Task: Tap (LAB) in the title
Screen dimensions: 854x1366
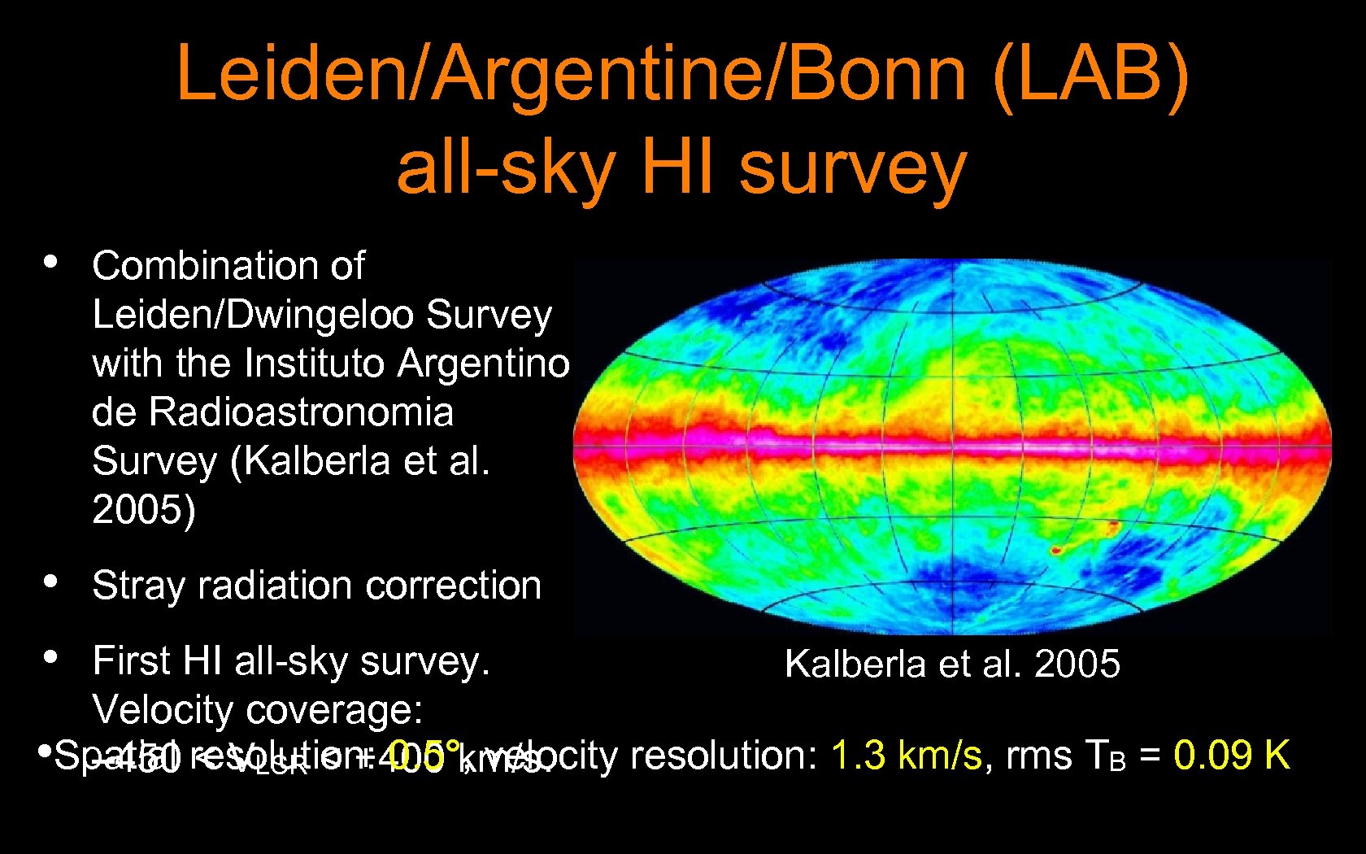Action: (x=1090, y=75)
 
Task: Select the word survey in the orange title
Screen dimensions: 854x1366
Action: (x=852, y=168)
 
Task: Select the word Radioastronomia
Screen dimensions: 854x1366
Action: (x=301, y=412)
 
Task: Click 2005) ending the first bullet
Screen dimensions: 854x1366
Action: (x=144, y=510)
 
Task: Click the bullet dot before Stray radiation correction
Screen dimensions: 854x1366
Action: (x=50, y=582)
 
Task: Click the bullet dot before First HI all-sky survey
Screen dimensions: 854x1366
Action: (x=50, y=657)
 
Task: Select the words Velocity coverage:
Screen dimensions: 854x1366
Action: (x=258, y=709)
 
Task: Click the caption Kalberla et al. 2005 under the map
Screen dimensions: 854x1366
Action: (x=952, y=664)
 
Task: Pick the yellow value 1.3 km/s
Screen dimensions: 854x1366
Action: (x=907, y=755)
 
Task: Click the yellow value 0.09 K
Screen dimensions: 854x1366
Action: (x=1231, y=755)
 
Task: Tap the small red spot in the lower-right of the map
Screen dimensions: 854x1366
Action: (x=1056, y=551)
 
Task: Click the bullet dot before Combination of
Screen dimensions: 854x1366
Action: (x=50, y=262)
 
